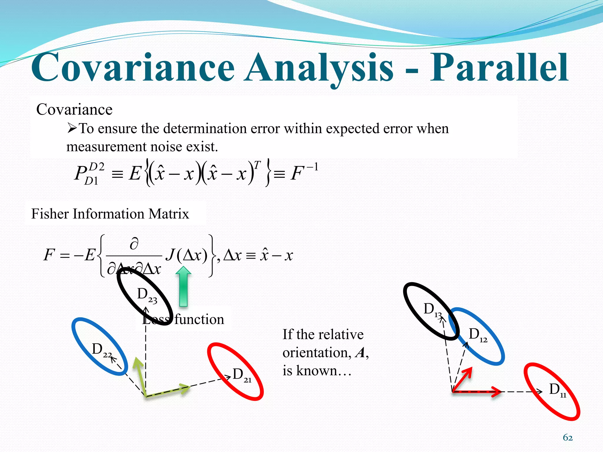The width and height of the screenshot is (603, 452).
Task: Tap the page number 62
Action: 568,438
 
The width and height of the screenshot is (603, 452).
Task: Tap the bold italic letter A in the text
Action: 360,353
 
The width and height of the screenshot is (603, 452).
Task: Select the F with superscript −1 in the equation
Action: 303,172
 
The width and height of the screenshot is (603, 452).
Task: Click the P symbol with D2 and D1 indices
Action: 88,174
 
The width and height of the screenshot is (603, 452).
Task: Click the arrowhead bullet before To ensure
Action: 72,128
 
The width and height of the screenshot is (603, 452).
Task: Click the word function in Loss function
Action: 199,320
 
